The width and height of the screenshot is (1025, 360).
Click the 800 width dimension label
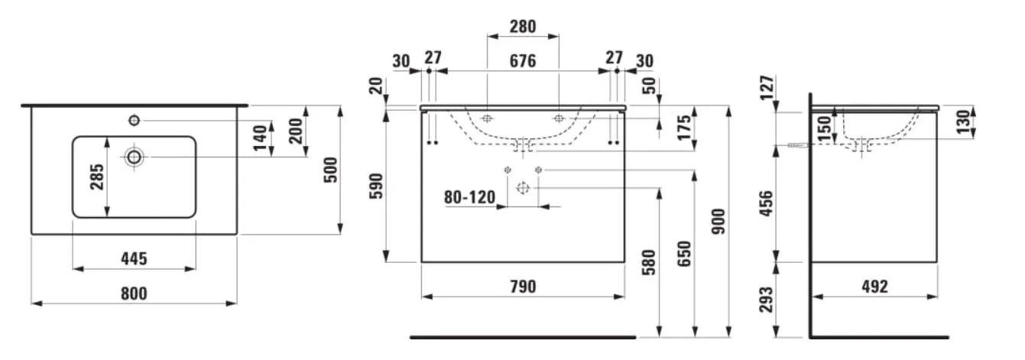click(134, 294)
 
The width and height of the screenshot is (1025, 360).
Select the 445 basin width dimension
click(134, 258)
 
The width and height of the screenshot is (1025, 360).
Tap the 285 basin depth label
click(96, 177)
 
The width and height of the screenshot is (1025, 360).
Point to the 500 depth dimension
click(330, 170)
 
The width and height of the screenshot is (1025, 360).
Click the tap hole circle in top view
click(134, 120)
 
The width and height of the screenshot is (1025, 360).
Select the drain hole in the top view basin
click(134, 157)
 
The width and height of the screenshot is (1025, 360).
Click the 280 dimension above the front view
click(523, 27)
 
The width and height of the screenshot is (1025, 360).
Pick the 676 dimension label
click(523, 61)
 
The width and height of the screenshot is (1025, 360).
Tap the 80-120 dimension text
click(469, 197)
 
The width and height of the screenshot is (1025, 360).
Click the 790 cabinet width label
click(523, 287)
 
